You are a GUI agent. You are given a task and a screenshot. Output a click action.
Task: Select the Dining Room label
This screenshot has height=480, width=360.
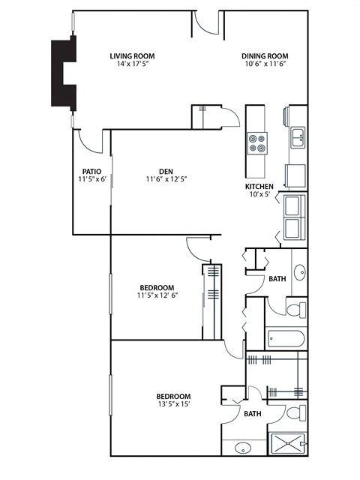pos(265,55)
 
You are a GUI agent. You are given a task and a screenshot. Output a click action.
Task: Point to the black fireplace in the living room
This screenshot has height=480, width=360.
pos(63,73)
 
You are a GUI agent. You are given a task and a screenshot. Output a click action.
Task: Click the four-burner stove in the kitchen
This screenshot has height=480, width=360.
pos(257,142)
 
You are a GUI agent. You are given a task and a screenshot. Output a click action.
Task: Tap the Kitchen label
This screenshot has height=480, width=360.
pos(259,186)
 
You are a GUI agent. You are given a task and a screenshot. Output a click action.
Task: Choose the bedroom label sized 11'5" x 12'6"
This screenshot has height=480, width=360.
pos(157,287)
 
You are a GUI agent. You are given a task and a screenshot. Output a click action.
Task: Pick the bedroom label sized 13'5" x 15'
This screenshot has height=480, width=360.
pos(172,396)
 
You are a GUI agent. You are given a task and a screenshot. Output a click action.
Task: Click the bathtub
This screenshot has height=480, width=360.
pos(285,338)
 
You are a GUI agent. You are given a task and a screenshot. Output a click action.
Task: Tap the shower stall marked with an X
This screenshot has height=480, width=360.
pos(288,445)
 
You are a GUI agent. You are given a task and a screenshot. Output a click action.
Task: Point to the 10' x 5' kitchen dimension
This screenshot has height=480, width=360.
pos(260,195)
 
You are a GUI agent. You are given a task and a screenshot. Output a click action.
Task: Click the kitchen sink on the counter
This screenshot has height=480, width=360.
pos(298,136)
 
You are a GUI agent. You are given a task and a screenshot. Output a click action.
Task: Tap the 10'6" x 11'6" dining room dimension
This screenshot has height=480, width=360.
pos(265,65)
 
